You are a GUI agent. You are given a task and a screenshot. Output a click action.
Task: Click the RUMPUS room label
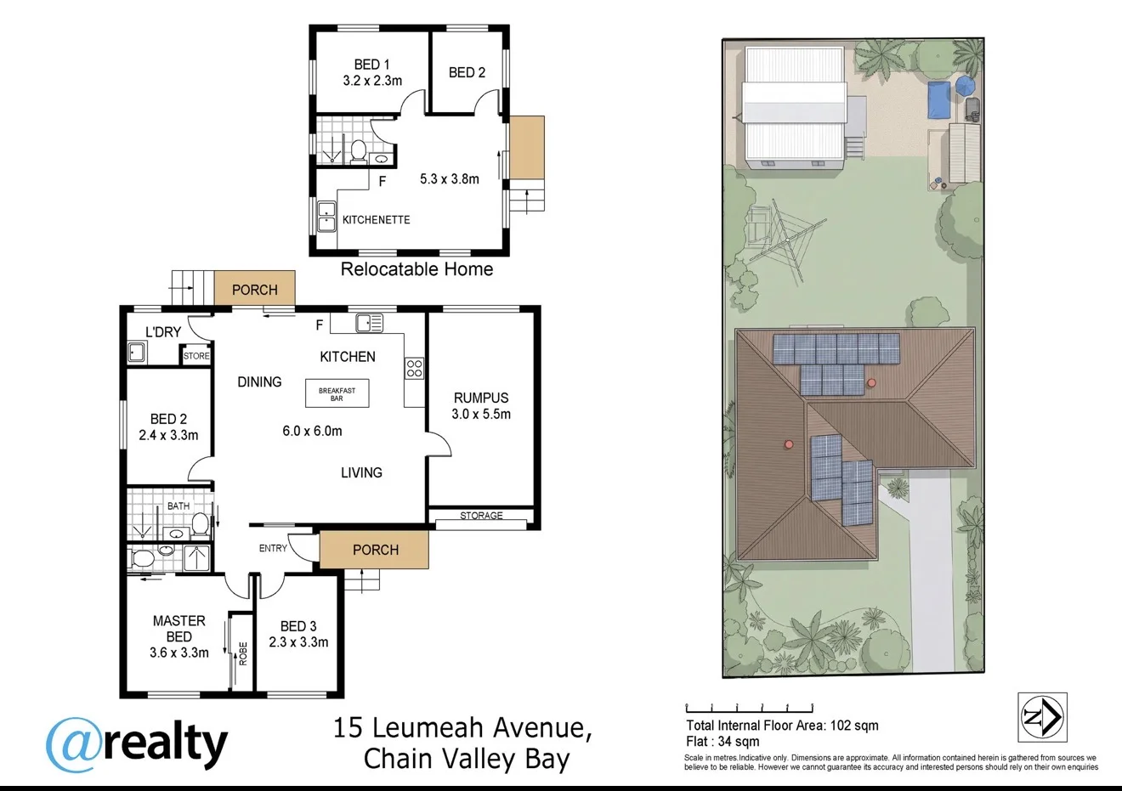[x=481, y=398]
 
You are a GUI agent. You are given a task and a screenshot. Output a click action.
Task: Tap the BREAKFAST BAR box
[x=337, y=393]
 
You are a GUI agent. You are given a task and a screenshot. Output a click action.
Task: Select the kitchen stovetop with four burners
[x=414, y=368]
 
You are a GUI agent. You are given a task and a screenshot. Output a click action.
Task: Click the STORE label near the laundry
[x=195, y=356]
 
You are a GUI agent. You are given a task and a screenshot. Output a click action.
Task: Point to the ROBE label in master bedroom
[x=243, y=654]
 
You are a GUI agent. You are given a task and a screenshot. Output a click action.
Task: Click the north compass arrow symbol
[x=1042, y=717]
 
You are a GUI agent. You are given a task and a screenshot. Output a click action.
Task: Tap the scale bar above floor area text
[x=750, y=708]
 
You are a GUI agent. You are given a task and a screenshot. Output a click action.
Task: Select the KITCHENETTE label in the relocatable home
[x=377, y=220]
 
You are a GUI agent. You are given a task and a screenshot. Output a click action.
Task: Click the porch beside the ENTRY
[x=374, y=550]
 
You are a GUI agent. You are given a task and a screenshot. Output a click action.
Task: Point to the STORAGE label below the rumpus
[x=481, y=515]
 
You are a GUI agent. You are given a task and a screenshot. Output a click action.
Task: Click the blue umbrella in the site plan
[x=965, y=86]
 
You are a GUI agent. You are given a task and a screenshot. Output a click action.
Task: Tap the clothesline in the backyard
[x=787, y=240]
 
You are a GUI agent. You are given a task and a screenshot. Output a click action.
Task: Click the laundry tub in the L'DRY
[x=137, y=352]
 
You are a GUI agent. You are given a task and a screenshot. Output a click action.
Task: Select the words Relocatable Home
[x=416, y=269]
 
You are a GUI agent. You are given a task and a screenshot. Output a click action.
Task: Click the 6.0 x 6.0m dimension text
[x=312, y=431]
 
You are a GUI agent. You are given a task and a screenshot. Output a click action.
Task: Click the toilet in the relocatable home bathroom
[x=358, y=152]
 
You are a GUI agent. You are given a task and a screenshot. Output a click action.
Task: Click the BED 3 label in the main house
[x=298, y=626]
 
